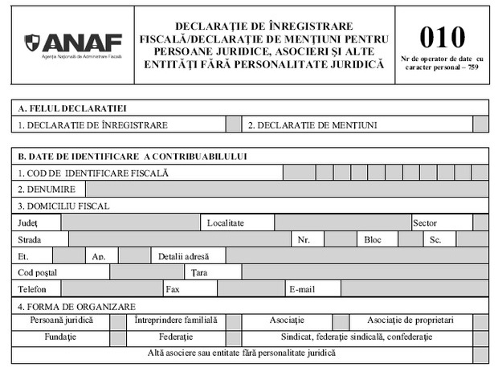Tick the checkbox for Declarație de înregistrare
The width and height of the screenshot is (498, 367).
(233, 124)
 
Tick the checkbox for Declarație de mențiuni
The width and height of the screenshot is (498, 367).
(480, 124)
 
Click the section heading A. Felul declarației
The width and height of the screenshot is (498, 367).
(72, 108)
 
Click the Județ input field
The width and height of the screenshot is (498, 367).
(130, 222)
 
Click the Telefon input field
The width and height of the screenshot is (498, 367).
(112, 289)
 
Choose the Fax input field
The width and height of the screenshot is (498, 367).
(250, 289)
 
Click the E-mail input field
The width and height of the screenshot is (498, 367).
(414, 289)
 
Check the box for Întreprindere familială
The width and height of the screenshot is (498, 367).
(233, 320)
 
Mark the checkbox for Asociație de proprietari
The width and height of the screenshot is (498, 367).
(480, 320)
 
